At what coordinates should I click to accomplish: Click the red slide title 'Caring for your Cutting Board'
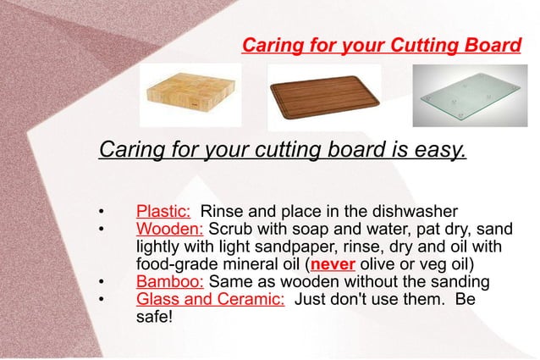coord(381,44)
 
